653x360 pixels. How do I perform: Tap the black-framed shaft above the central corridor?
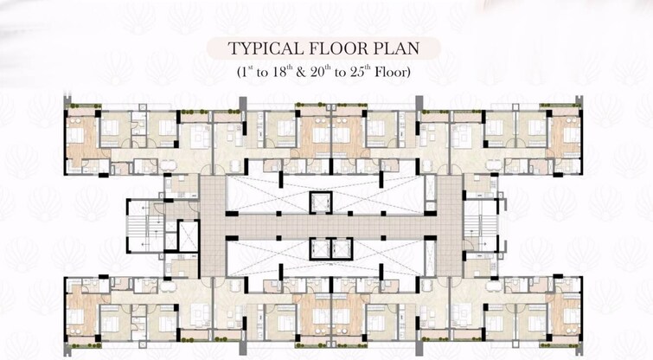click(321, 202)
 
